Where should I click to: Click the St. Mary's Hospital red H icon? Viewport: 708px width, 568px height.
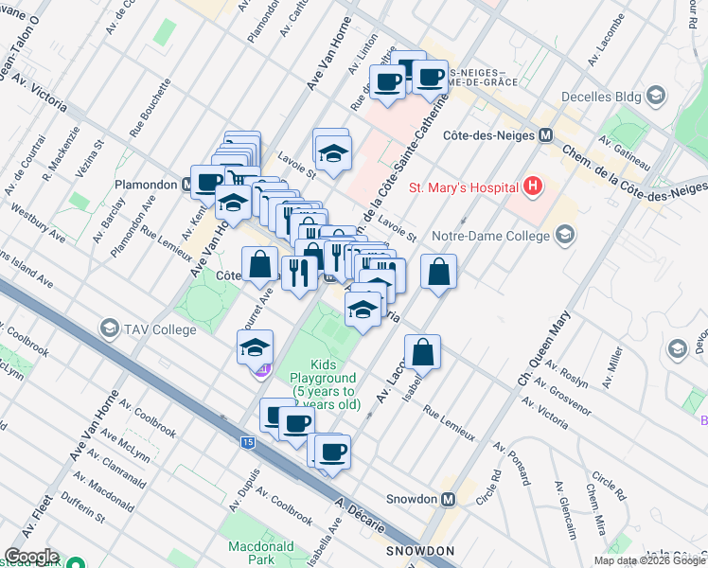point(534,186)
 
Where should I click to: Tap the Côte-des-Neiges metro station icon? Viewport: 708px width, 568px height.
point(545,135)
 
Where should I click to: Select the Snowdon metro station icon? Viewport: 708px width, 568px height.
point(449,499)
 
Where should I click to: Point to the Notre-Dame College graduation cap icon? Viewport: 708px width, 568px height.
point(565,234)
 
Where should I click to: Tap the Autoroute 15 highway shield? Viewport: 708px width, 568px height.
point(248,442)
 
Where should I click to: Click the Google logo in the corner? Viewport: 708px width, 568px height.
point(31,557)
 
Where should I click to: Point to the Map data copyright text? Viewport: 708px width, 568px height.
point(649,560)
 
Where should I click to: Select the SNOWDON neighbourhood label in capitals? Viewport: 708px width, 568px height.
point(420,550)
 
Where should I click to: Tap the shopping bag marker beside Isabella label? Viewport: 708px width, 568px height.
point(426,352)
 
